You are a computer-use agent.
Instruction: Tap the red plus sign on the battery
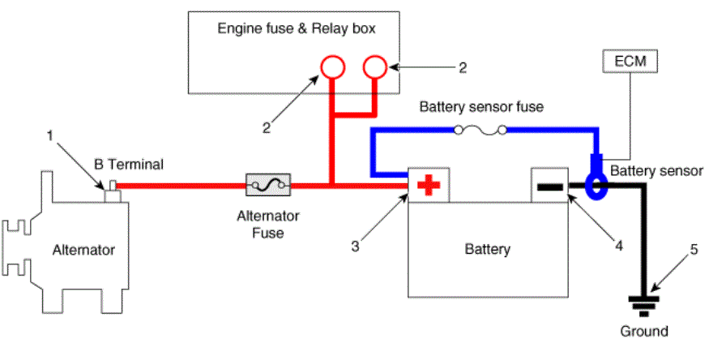tap(428, 186)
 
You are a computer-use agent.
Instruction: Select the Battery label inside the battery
tap(488, 249)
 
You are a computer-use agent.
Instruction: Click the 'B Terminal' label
tap(129, 165)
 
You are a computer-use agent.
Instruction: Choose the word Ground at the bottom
tap(644, 331)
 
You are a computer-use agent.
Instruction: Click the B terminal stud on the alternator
tap(112, 191)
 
